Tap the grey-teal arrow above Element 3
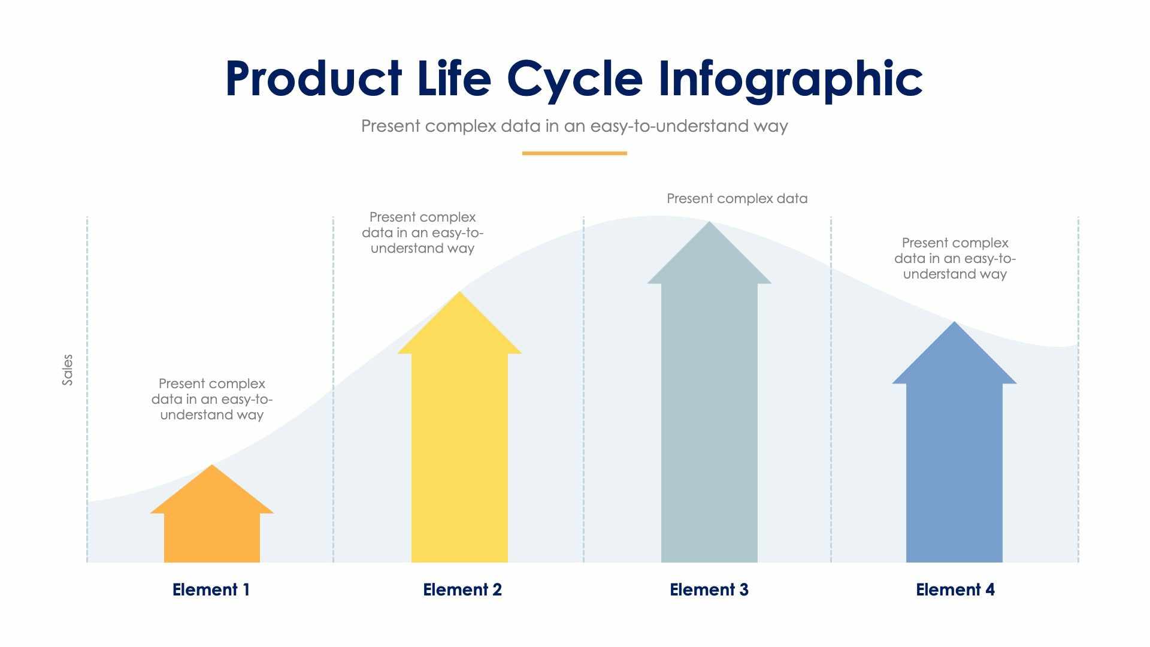pyautogui.click(x=709, y=407)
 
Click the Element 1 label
pyautogui.click(x=211, y=589)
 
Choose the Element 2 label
pyautogui.click(x=462, y=589)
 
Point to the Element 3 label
pyautogui.click(x=709, y=589)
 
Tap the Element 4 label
pyautogui.click(x=955, y=589)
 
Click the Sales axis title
pyautogui.click(x=67, y=370)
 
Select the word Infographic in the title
pyautogui.click(x=791, y=79)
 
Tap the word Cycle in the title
pyautogui.click(x=575, y=79)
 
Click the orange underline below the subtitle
pyautogui.click(x=574, y=153)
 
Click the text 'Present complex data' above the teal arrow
pyautogui.click(x=737, y=198)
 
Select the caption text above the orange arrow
pyautogui.click(x=212, y=399)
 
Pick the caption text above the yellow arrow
pyautogui.click(x=422, y=232)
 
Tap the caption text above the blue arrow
pyautogui.click(x=955, y=258)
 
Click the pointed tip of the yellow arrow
pyautogui.click(x=459, y=295)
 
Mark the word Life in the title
pyautogui.click(x=454, y=79)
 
